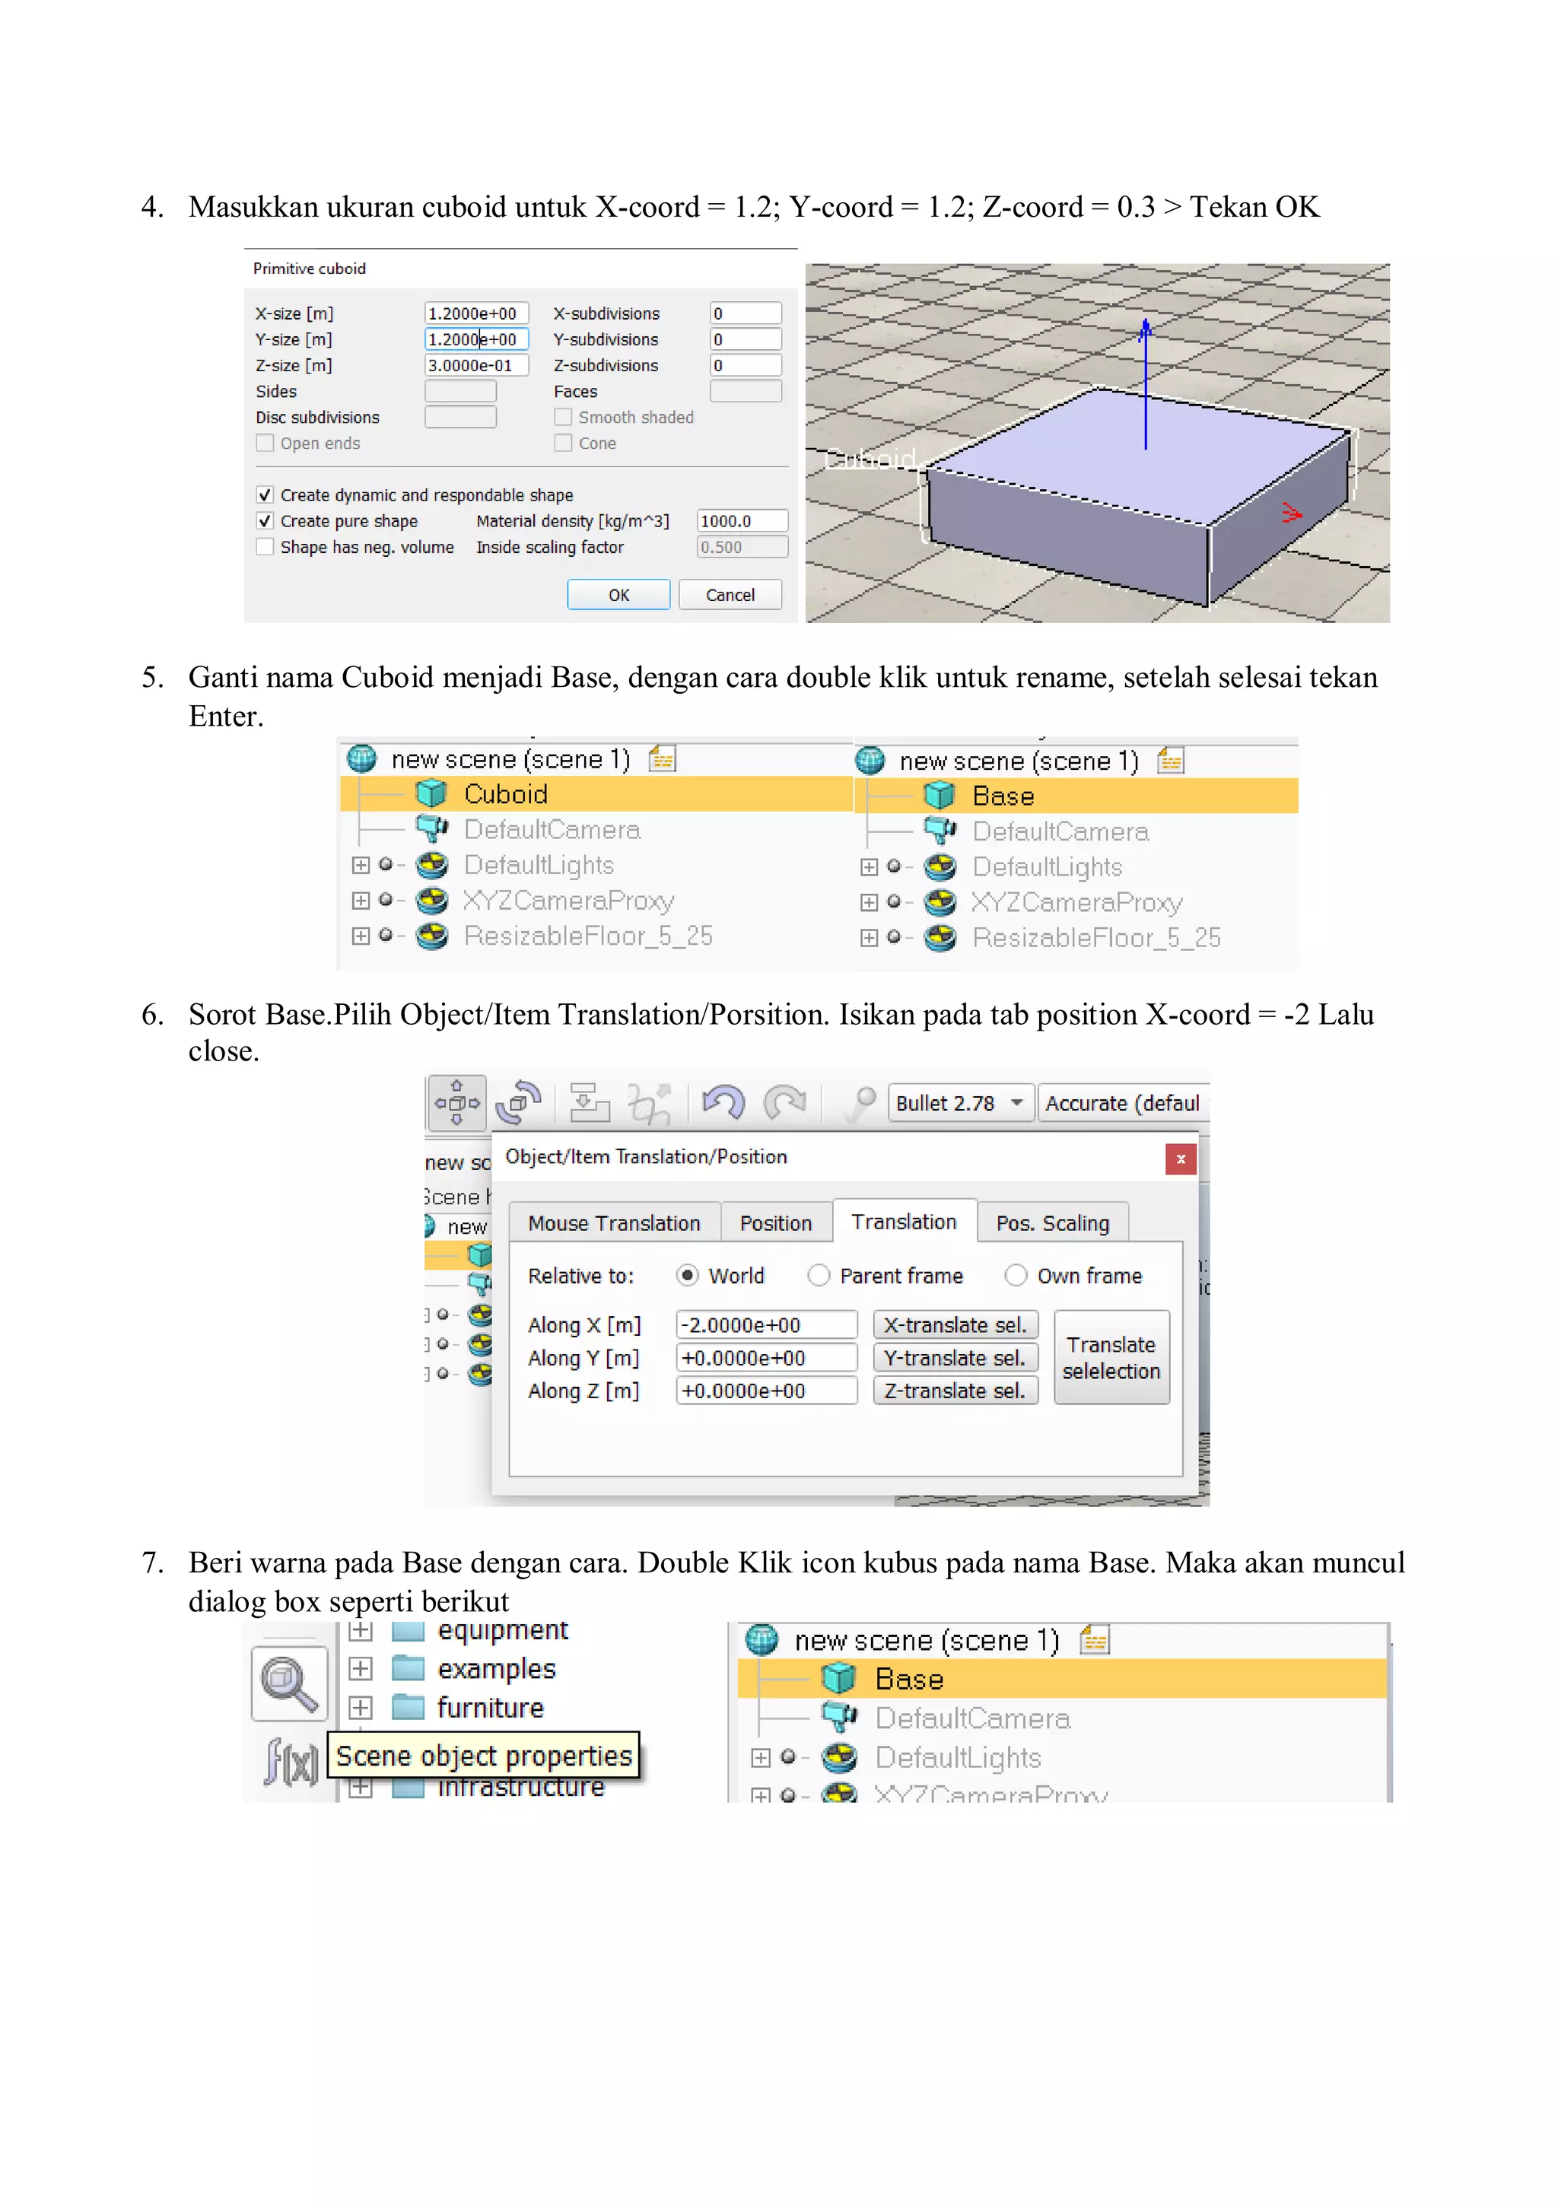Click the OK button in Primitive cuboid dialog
618,595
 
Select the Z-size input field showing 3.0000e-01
475,366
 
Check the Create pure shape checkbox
265,521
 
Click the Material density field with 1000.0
742,521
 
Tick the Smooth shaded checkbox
563,418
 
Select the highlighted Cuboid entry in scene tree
506,794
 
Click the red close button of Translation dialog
1180,1159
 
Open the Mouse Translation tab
614,1223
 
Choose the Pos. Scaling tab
1051,1223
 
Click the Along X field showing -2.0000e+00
765,1325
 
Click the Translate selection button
1111,1358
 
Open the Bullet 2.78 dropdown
959,1104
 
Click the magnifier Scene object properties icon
289,1684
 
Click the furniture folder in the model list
489,1708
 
